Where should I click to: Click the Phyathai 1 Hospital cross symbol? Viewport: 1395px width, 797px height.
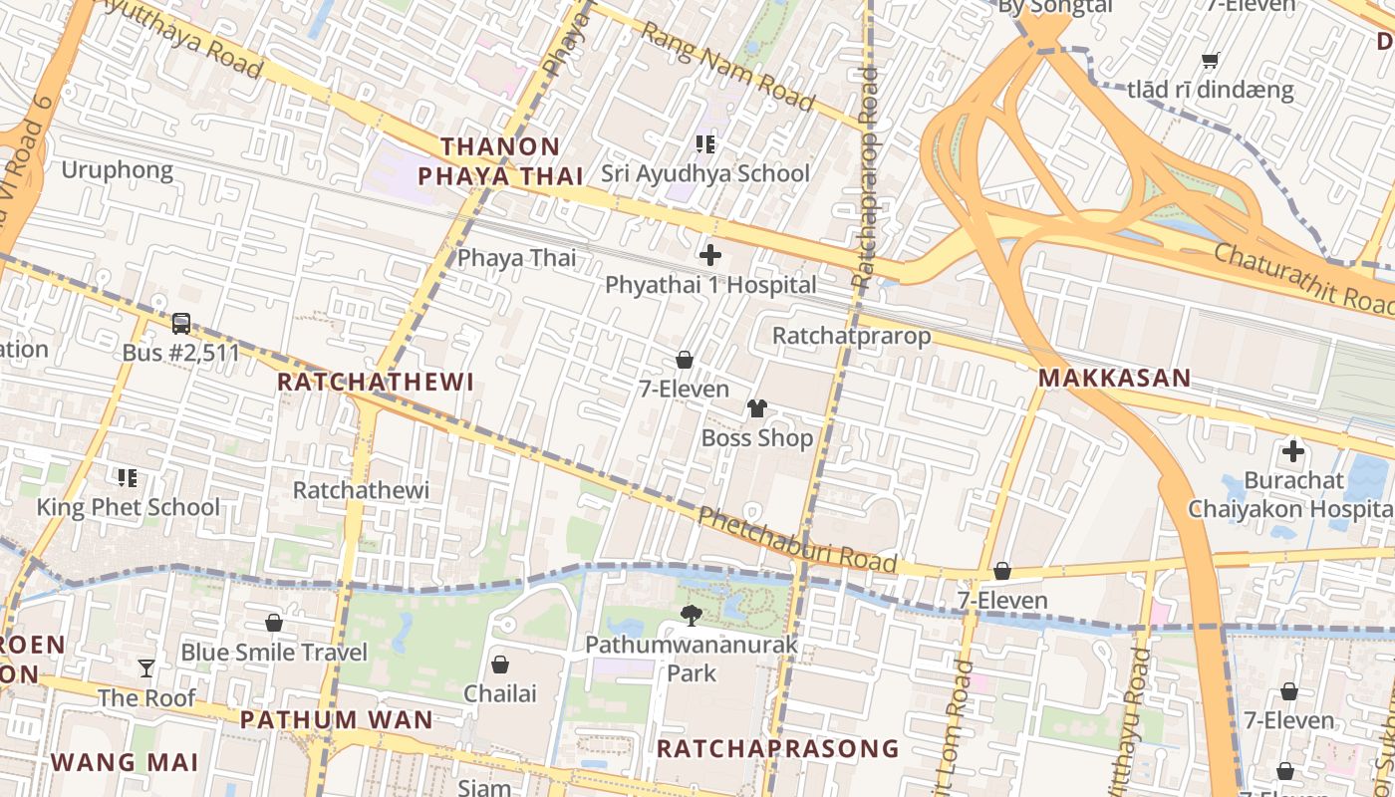[x=710, y=255]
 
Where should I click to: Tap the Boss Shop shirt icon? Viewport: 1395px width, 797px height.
[x=757, y=408]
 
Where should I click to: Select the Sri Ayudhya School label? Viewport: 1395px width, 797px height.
[x=705, y=173]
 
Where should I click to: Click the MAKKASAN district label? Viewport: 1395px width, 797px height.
[x=1114, y=379]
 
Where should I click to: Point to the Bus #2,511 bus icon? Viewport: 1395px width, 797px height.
[x=180, y=324]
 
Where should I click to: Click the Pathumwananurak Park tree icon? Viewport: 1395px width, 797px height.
[x=691, y=616]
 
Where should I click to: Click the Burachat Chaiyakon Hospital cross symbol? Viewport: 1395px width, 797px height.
[x=1293, y=451]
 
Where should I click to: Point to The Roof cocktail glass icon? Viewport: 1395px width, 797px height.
[x=146, y=667]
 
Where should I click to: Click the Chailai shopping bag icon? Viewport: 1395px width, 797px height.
[x=500, y=663]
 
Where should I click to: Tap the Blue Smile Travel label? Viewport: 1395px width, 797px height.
[x=274, y=653]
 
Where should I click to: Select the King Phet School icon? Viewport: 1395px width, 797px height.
[x=127, y=478]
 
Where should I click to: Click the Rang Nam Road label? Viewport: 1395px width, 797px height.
[x=727, y=66]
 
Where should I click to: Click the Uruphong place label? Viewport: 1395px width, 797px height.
[x=118, y=170]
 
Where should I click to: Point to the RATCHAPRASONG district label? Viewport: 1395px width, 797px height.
[x=777, y=748]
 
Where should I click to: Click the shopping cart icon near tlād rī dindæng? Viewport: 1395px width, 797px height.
[x=1211, y=60]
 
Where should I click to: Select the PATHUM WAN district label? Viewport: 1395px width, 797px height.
[x=337, y=720]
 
